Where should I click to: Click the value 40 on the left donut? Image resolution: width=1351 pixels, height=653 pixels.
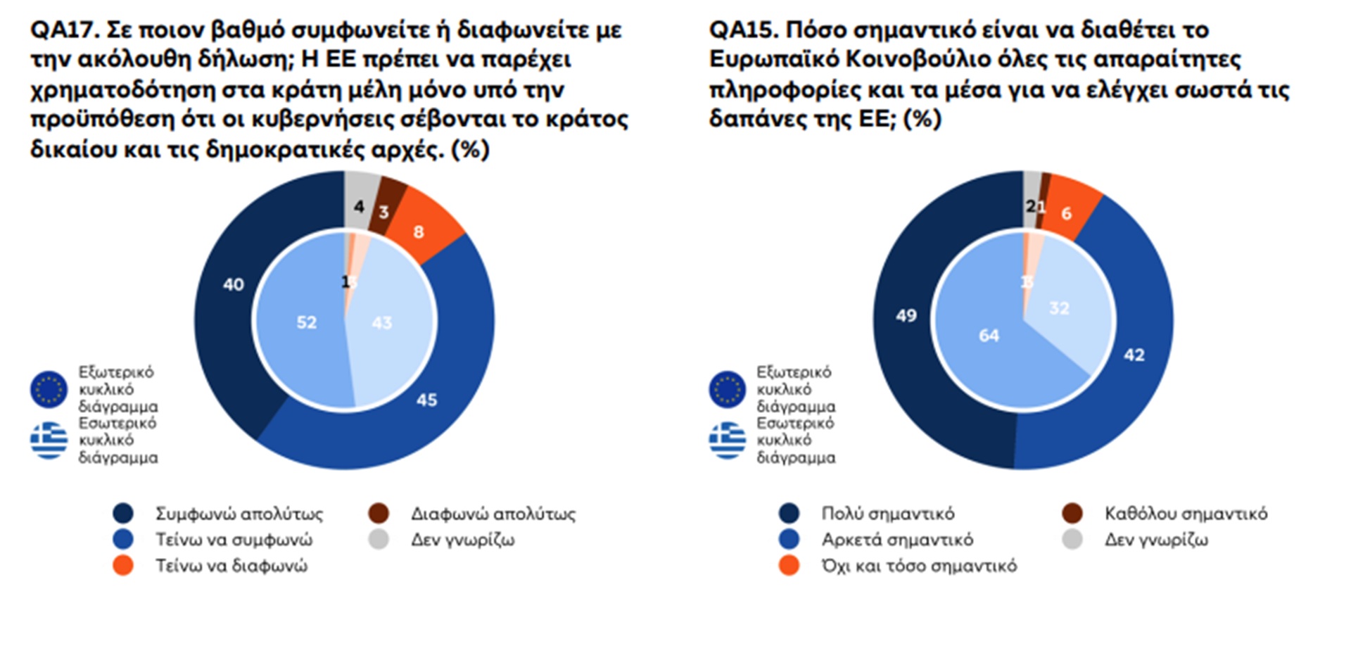(x=233, y=284)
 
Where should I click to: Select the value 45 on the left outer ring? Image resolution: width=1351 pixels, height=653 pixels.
(x=426, y=400)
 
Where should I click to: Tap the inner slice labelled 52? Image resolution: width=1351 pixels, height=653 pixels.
(x=306, y=322)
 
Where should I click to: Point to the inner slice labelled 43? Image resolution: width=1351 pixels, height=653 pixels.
(x=381, y=323)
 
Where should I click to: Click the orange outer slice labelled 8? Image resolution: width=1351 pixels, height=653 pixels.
(x=419, y=232)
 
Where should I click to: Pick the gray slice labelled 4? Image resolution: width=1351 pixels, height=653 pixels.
(x=359, y=206)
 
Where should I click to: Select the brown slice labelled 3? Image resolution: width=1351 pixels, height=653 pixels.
(x=384, y=211)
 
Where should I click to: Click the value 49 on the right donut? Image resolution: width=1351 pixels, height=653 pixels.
(x=906, y=315)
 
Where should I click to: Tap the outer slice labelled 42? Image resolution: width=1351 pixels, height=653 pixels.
(x=1134, y=355)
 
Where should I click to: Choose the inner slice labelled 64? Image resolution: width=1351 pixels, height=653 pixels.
(x=989, y=336)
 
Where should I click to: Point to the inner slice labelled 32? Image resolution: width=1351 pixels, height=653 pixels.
(x=1059, y=308)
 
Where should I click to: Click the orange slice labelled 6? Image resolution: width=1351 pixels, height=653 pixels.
(x=1067, y=213)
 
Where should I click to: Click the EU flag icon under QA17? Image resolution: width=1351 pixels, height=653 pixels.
(x=49, y=389)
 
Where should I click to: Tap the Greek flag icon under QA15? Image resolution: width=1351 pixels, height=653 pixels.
(x=728, y=440)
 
